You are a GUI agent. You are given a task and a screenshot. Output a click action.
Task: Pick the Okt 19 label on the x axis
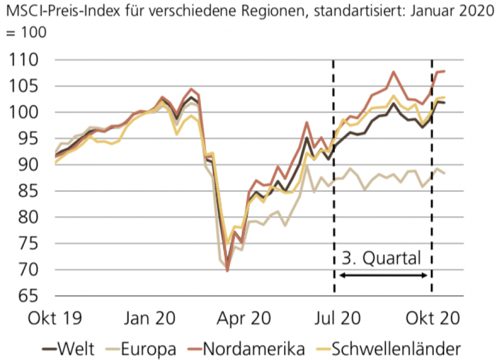click(x=55, y=317)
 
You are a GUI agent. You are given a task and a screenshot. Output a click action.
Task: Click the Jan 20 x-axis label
click(x=150, y=317)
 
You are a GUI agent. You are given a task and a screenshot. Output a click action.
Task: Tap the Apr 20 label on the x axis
click(x=245, y=317)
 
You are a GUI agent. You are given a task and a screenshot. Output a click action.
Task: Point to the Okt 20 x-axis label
click(x=433, y=317)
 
